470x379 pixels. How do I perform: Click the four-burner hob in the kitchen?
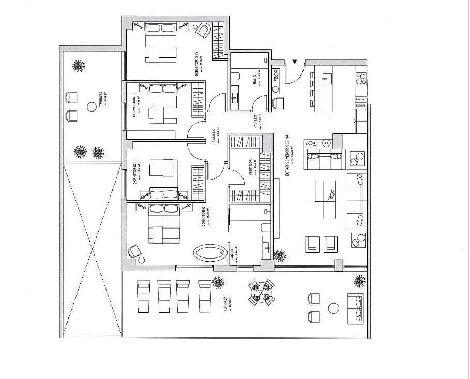pos(361,80)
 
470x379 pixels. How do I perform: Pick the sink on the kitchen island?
pos(327,79)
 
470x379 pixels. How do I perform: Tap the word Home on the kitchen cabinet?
pos(360,99)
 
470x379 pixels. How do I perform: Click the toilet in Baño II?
pos(235,77)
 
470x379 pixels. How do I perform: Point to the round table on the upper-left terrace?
pos(92,106)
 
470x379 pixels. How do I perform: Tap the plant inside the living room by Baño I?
pos(280,255)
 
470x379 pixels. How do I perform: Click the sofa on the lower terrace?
pos(356,308)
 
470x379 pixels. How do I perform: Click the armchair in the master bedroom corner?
pos(135,251)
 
